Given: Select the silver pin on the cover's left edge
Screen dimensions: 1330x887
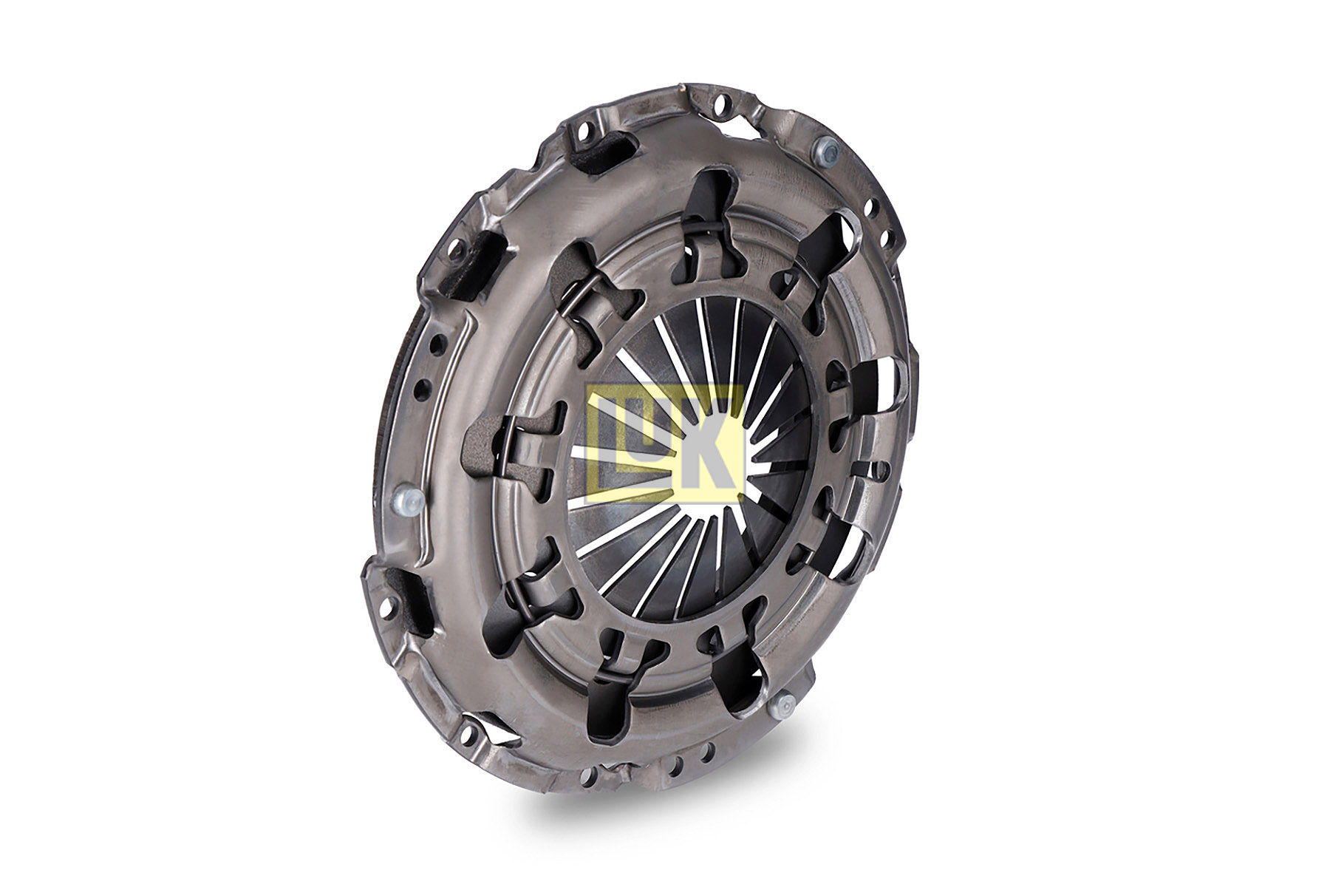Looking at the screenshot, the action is point(405,501).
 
